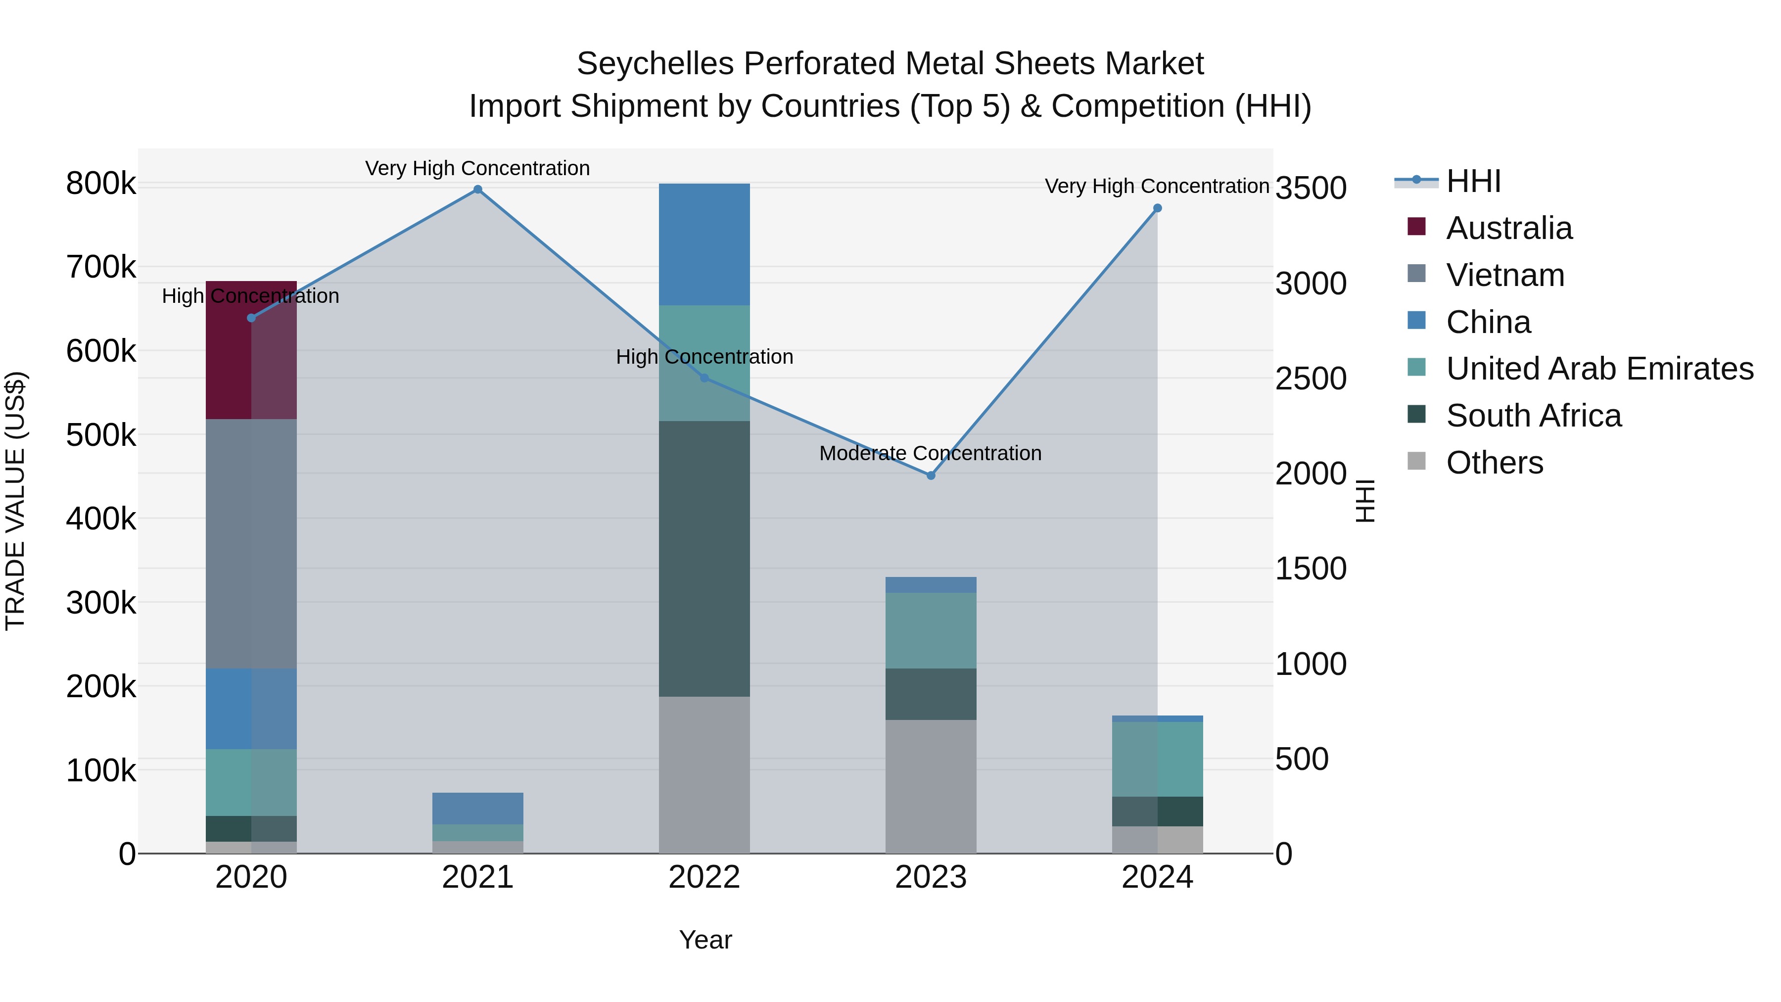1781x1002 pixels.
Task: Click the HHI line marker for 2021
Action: point(478,190)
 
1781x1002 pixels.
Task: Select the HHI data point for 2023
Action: point(931,476)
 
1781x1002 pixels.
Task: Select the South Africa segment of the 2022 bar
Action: point(704,559)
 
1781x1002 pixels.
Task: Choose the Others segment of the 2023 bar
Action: point(931,786)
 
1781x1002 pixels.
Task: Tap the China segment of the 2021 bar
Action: point(478,809)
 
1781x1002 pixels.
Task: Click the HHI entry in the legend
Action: point(1473,181)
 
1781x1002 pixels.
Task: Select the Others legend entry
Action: point(1494,463)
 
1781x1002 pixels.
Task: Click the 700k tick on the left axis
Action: point(101,267)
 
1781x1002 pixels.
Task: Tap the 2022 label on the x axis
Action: point(704,877)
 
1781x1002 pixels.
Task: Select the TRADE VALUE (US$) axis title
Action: point(15,501)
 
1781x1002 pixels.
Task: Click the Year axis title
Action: point(705,940)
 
